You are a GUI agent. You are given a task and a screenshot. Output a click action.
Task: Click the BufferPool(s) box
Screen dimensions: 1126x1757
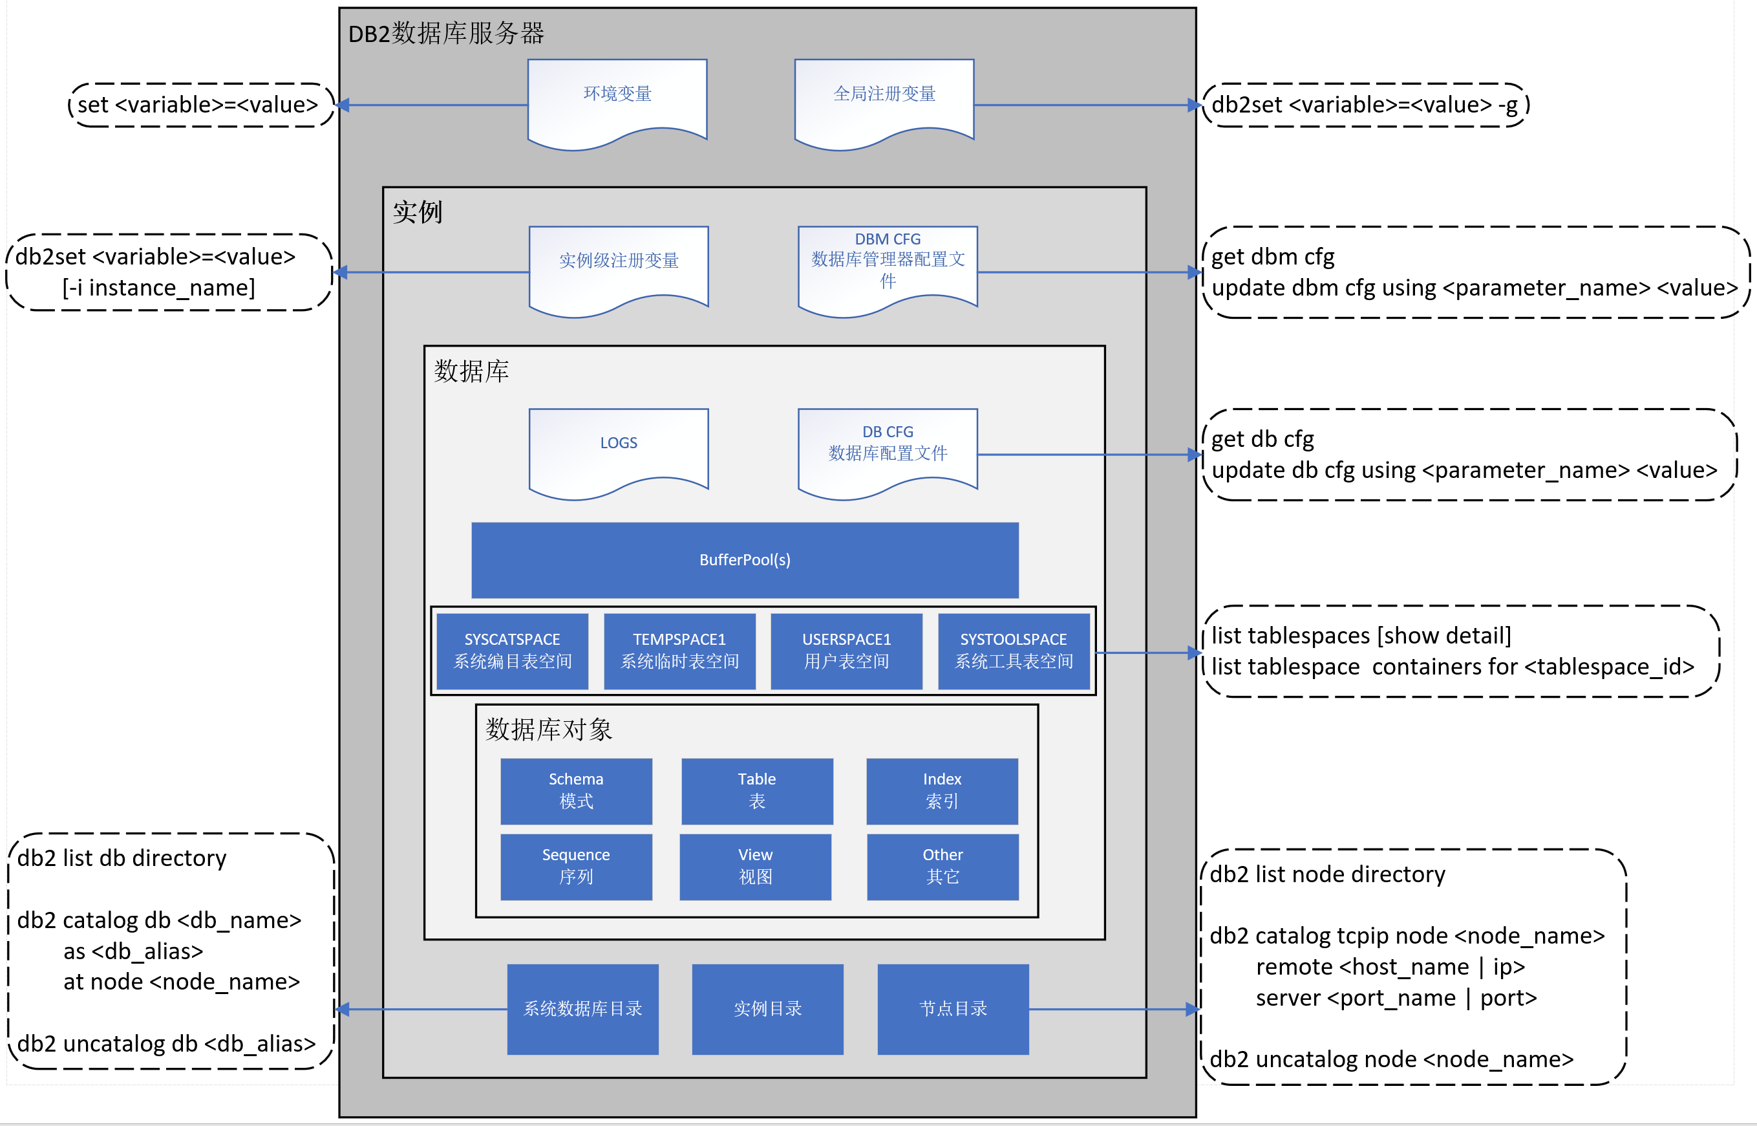(x=745, y=560)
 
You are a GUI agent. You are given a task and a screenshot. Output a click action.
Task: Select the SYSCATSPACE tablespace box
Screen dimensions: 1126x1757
(x=513, y=651)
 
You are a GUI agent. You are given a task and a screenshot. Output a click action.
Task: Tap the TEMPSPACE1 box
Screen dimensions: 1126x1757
(x=679, y=651)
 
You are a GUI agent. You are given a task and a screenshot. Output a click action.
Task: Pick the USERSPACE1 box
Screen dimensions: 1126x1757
(x=846, y=651)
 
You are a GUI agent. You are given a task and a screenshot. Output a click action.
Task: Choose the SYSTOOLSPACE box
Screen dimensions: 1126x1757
(x=1014, y=651)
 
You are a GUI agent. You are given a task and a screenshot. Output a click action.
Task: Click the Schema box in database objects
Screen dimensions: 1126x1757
(x=576, y=790)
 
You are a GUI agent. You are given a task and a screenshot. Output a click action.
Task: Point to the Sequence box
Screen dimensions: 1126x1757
(x=576, y=867)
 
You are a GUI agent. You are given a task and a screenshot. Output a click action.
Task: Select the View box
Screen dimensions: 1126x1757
(x=755, y=867)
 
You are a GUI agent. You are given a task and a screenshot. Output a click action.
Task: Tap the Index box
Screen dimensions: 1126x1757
(x=942, y=790)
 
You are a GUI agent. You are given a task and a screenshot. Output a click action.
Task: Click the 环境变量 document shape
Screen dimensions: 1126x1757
(x=617, y=100)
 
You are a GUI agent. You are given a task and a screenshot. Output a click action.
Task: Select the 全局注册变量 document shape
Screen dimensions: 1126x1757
(x=884, y=100)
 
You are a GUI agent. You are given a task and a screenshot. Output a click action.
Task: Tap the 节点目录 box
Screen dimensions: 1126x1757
(x=953, y=1009)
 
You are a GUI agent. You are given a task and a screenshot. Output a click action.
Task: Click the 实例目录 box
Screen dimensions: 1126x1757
(x=767, y=1009)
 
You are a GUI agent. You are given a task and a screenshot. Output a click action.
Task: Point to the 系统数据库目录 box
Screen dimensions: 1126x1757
(x=582, y=1009)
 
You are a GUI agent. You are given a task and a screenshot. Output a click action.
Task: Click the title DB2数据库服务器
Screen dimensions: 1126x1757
(x=446, y=34)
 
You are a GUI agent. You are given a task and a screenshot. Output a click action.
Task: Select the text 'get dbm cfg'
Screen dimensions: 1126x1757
(x=1272, y=257)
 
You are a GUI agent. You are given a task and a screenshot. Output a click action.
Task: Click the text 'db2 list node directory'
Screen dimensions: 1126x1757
(x=1327, y=874)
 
